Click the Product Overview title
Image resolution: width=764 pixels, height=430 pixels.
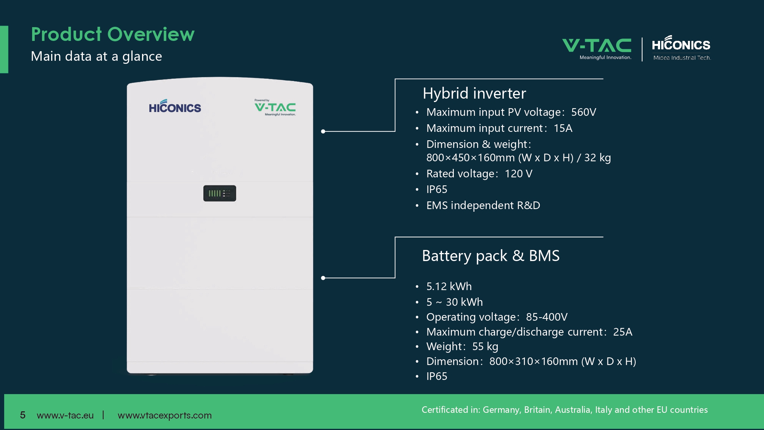[113, 34]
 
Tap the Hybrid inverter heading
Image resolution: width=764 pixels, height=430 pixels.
[474, 94]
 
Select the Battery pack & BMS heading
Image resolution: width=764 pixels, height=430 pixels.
[491, 256]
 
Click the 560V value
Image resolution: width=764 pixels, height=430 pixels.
[584, 112]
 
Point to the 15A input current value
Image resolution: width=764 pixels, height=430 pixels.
[563, 128]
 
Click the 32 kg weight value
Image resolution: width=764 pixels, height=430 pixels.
[597, 157]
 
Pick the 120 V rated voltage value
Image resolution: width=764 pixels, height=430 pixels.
[518, 174]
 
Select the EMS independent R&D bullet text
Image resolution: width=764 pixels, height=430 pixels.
[483, 205]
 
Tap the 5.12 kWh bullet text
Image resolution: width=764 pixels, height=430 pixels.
[449, 286]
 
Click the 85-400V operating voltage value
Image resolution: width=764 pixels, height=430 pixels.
[547, 317]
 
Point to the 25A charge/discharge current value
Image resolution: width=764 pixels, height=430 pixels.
[623, 332]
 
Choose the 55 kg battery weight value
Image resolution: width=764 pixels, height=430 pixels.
[485, 346]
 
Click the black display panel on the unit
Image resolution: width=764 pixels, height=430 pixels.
[220, 193]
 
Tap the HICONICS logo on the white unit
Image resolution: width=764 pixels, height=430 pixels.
[175, 106]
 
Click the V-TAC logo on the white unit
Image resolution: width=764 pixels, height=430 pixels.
[275, 107]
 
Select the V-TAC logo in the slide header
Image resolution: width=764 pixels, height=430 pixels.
[597, 49]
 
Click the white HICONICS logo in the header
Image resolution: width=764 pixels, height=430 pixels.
[681, 48]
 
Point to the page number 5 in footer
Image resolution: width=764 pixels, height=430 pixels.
[23, 415]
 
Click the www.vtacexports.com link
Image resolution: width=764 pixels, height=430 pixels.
[165, 415]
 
